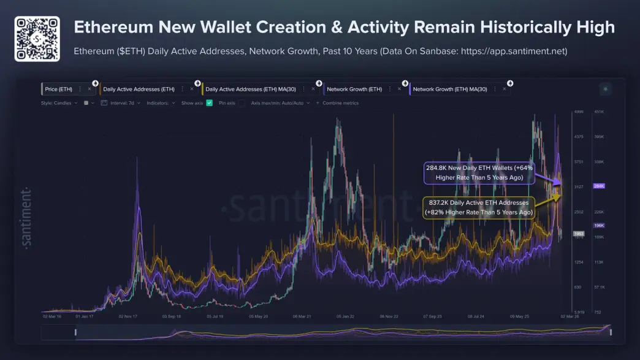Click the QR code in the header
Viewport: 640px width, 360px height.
pyautogui.click(x=37, y=39)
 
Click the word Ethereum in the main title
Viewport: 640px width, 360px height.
pyautogui.click(x=108, y=27)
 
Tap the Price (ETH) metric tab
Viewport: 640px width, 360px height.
pyautogui.click(x=59, y=89)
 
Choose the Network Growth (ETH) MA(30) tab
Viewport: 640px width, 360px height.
pyautogui.click(x=450, y=89)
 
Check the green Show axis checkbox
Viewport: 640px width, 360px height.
pyautogui.click(x=209, y=103)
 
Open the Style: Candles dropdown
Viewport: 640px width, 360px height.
pyautogui.click(x=59, y=103)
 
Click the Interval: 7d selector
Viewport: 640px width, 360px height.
pyautogui.click(x=126, y=103)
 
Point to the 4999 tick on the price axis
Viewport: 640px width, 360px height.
pyautogui.click(x=578, y=112)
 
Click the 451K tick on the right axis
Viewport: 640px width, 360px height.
pyautogui.click(x=599, y=112)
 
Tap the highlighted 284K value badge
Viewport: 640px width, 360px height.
pyautogui.click(x=599, y=186)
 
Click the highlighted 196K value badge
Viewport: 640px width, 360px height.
pyautogui.click(x=599, y=225)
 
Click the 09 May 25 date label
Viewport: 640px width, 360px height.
pyautogui.click(x=519, y=317)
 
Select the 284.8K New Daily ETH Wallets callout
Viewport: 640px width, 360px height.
pyautogui.click(x=479, y=172)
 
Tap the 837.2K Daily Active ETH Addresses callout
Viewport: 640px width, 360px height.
pyautogui.click(x=479, y=207)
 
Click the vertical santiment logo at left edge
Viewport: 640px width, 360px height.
pyautogui.click(x=26, y=217)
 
